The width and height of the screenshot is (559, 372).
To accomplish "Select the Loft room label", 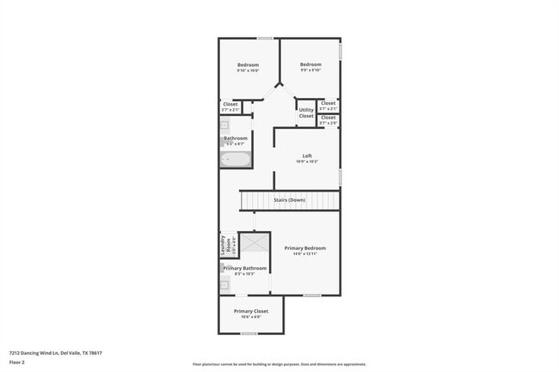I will pyautogui.click(x=307, y=156).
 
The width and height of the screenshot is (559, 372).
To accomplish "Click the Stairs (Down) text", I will pyautogui.click(x=289, y=200).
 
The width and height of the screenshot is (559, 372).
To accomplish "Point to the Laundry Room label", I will pyautogui.click(x=224, y=246).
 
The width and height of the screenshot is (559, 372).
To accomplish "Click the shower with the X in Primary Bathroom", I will pyautogui.click(x=255, y=243).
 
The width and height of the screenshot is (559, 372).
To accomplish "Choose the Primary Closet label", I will pyautogui.click(x=251, y=311).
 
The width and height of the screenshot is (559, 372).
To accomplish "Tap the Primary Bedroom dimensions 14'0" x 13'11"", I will pyautogui.click(x=305, y=254).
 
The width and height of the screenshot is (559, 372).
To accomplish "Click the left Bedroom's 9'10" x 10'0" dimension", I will pyautogui.click(x=248, y=70).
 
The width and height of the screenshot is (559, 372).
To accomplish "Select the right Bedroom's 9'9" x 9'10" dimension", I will pyautogui.click(x=310, y=70).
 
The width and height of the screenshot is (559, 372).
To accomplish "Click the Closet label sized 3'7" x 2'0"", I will pyautogui.click(x=328, y=123).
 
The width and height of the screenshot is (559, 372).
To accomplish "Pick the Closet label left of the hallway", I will pyautogui.click(x=230, y=105).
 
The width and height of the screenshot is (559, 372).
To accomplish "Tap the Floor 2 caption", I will pyautogui.click(x=18, y=363).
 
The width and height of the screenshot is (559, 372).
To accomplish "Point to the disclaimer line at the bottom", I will pyautogui.click(x=279, y=364).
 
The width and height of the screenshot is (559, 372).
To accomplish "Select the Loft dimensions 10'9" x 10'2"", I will pyautogui.click(x=307, y=162).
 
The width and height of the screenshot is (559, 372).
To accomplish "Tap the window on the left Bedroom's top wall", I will pyautogui.click(x=266, y=38).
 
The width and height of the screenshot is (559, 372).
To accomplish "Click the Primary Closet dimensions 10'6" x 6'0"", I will pyautogui.click(x=251, y=317).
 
